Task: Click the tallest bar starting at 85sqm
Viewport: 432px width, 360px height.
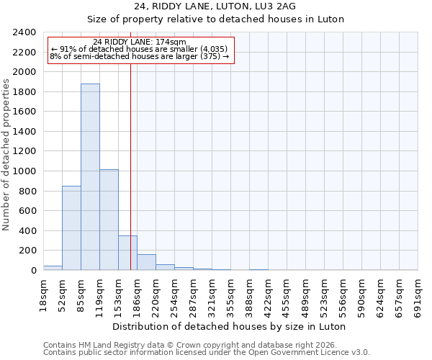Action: pyautogui.click(x=90, y=176)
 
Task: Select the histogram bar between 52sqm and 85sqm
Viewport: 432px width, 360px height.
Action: pyautogui.click(x=71, y=228)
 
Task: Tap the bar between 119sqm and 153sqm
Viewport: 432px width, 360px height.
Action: pyautogui.click(x=109, y=220)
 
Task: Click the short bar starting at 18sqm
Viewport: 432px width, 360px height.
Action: pyautogui.click(x=53, y=268)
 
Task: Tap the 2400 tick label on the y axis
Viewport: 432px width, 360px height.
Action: pyautogui.click(x=24, y=32)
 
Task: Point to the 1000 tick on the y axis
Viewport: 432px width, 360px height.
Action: pyautogui.click(x=24, y=171)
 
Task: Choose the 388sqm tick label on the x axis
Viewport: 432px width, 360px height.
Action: pyautogui.click(x=249, y=294)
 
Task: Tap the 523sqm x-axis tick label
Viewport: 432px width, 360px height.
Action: pyautogui.click(x=324, y=294)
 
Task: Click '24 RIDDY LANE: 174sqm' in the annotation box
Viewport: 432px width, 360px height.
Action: pyautogui.click(x=140, y=42)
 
